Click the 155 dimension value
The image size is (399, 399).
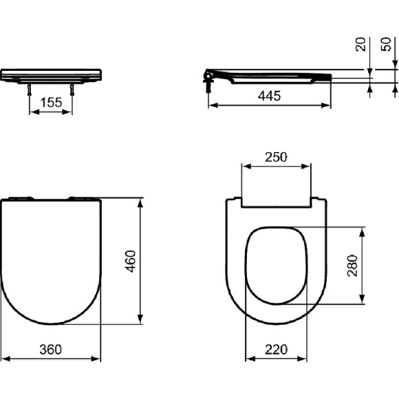(51, 102)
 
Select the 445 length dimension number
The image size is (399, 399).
(268, 97)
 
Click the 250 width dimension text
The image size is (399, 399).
(276, 157)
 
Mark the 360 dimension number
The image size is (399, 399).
(51, 349)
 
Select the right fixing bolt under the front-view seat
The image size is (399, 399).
(72, 89)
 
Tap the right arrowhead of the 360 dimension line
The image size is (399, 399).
(98, 358)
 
